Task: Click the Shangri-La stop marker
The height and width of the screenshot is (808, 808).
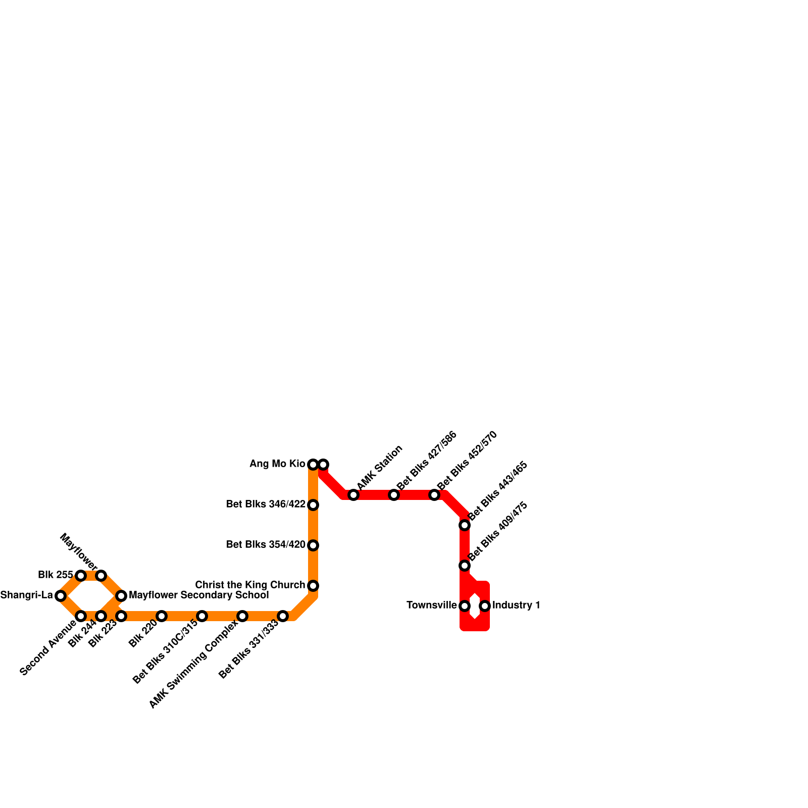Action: pyautogui.click(x=61, y=596)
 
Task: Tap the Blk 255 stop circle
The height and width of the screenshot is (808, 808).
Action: pyautogui.click(x=81, y=576)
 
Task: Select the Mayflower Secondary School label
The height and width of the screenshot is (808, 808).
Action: pyautogui.click(x=198, y=595)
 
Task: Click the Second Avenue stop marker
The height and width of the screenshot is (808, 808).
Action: pyautogui.click(x=81, y=616)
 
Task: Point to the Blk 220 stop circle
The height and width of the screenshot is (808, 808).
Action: pyautogui.click(x=162, y=616)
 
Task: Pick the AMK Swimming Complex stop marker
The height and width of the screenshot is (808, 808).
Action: pyautogui.click(x=242, y=616)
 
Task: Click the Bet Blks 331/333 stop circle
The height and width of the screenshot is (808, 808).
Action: pyautogui.click(x=283, y=616)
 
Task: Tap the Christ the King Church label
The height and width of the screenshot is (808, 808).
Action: pyautogui.click(x=250, y=585)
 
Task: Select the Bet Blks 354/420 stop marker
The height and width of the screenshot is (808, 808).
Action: pyautogui.click(x=313, y=545)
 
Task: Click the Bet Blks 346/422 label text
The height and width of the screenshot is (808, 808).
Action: pyautogui.click(x=266, y=504)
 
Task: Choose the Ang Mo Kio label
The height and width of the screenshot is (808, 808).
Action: pyautogui.click(x=277, y=464)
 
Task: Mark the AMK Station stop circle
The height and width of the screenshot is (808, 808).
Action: pyautogui.click(x=353, y=495)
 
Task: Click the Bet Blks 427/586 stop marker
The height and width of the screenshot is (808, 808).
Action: pyautogui.click(x=394, y=495)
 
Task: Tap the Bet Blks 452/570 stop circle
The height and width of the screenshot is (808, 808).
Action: pyautogui.click(x=434, y=495)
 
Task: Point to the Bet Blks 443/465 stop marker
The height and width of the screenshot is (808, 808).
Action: pyautogui.click(x=465, y=525)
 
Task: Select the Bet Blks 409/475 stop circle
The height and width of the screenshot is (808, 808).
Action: pyautogui.click(x=465, y=566)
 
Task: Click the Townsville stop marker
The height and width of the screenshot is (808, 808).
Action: pyautogui.click(x=465, y=606)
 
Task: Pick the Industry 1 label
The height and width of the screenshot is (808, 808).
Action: pyautogui.click(x=516, y=605)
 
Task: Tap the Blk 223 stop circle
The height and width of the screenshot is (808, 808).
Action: pyautogui.click(x=121, y=616)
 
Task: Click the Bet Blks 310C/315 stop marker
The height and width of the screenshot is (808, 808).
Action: pyautogui.click(x=202, y=616)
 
